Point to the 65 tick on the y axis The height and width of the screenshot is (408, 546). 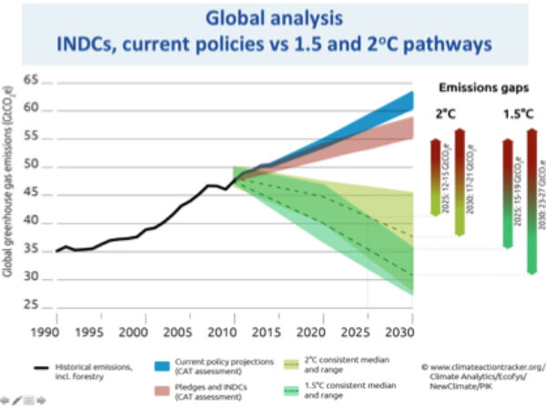pyautogui.click(x=35, y=81)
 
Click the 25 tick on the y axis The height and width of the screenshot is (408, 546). pyautogui.click(x=35, y=307)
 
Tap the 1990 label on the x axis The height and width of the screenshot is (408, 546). pyautogui.click(x=56, y=332)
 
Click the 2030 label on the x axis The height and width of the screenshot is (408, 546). pyautogui.click(x=411, y=332)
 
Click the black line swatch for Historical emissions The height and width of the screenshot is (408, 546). pyautogui.click(x=41, y=363)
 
